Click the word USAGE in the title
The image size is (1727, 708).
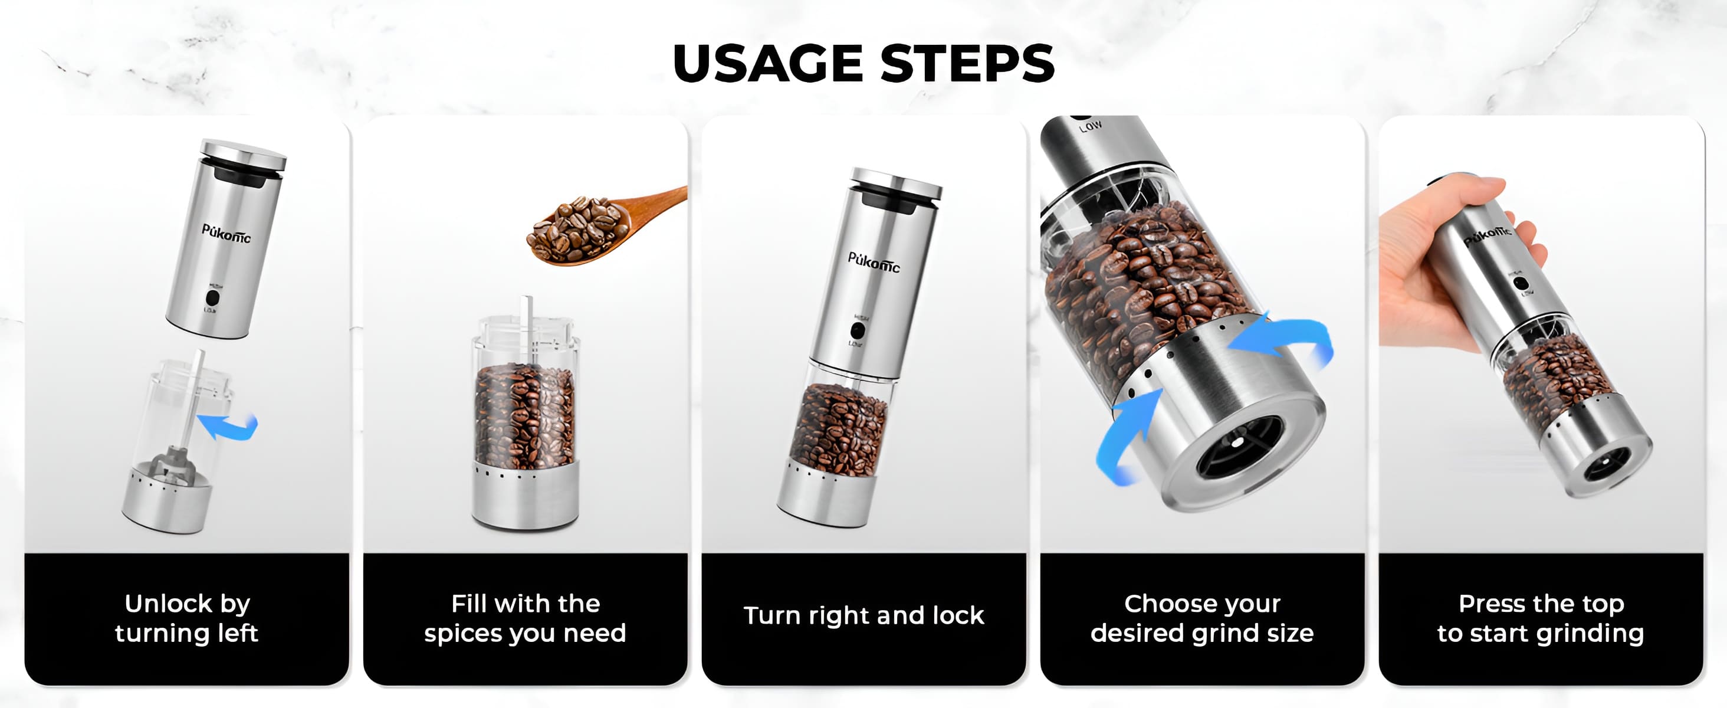tap(767, 64)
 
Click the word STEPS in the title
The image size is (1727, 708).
tap(967, 64)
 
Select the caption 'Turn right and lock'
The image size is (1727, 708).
tap(863, 615)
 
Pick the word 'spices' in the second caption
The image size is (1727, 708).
tap(462, 634)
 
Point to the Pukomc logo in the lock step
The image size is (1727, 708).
tap(874, 262)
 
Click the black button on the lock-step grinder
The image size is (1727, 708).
tap(857, 330)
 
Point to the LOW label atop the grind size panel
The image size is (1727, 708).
tap(1091, 126)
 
